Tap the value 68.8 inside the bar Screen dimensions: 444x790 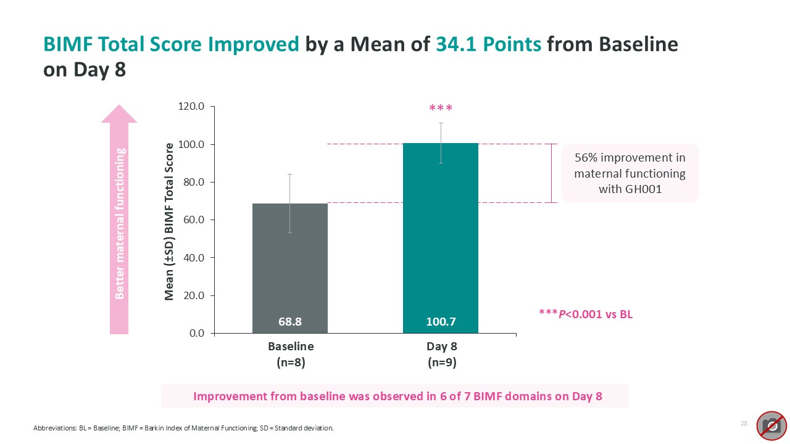coord(290,321)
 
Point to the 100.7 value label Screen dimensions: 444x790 coord(441,321)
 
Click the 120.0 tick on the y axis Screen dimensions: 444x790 coord(191,107)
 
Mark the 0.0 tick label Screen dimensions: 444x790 coord(196,333)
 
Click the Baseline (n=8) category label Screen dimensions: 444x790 coord(290,355)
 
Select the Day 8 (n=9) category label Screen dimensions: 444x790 coord(442,355)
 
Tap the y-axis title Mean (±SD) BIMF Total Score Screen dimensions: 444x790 coord(169,222)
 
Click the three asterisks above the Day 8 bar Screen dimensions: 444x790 coord(441,109)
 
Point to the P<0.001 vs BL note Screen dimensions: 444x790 coord(586,314)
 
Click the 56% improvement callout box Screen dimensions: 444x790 coord(630,173)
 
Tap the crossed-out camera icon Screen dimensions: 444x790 coord(771,425)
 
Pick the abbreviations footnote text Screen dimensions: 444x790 coord(183,428)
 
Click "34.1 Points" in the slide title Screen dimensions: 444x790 coord(488,44)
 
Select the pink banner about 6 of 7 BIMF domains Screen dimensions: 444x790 coord(395,396)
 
